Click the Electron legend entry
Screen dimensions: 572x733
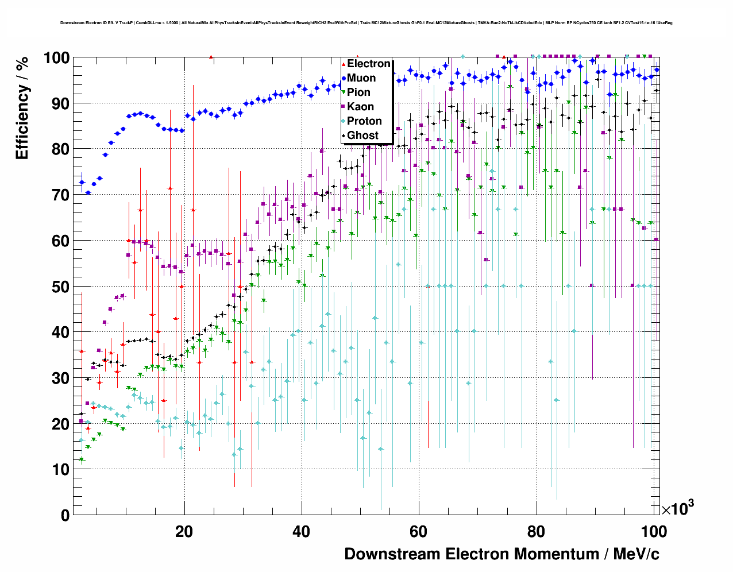coord(368,64)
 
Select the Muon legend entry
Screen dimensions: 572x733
coord(361,78)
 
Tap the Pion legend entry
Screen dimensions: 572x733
coord(358,92)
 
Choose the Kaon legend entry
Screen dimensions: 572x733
coord(360,107)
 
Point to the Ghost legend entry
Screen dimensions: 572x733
coord(362,136)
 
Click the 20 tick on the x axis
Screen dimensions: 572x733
coord(184,531)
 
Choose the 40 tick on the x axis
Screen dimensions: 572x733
coord(301,531)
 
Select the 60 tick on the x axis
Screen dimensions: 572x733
coord(418,531)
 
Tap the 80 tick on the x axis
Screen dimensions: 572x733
coord(536,531)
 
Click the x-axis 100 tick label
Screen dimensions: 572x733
coord(654,531)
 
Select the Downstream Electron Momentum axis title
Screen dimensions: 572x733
coord(501,554)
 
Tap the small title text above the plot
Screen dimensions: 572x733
coord(366,23)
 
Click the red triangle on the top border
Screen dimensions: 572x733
coord(211,57)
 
